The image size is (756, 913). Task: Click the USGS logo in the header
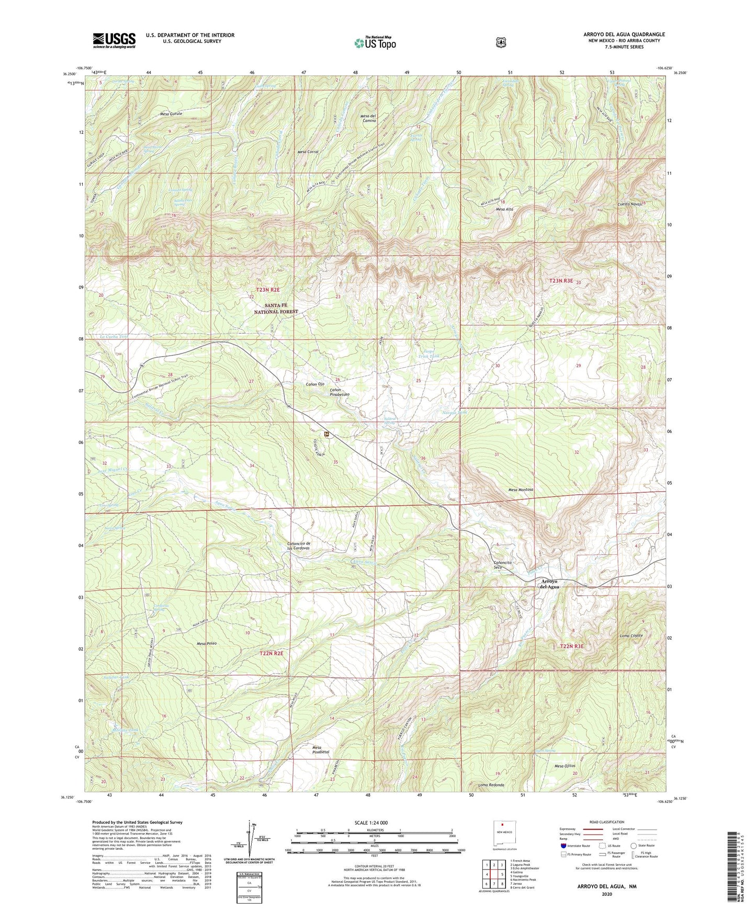(114, 40)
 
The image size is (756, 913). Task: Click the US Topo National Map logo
(375, 42)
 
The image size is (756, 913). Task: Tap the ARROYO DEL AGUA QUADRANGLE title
(624, 35)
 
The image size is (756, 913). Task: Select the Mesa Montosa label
(521, 489)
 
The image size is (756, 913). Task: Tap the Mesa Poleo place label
(207, 643)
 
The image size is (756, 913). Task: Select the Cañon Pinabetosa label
(339, 392)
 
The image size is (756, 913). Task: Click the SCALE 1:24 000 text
(371, 823)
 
